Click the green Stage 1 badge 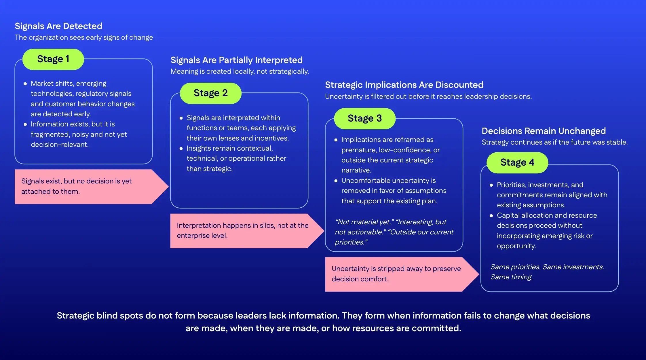click(53, 59)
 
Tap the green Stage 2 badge click(210, 93)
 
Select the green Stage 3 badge click(364, 118)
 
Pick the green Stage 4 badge click(517, 162)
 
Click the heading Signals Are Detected click(58, 26)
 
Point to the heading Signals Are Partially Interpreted click(236, 60)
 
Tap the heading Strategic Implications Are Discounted click(404, 85)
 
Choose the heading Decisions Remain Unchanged click(544, 131)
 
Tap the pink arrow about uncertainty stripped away click(397, 274)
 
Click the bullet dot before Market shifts click(25, 84)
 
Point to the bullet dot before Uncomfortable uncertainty click(336, 181)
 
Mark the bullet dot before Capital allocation click(491, 216)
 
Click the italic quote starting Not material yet click(394, 232)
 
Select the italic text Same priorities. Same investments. click(547, 267)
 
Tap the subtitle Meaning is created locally click(240, 71)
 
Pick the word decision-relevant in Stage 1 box click(60, 145)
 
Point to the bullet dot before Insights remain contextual click(181, 149)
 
